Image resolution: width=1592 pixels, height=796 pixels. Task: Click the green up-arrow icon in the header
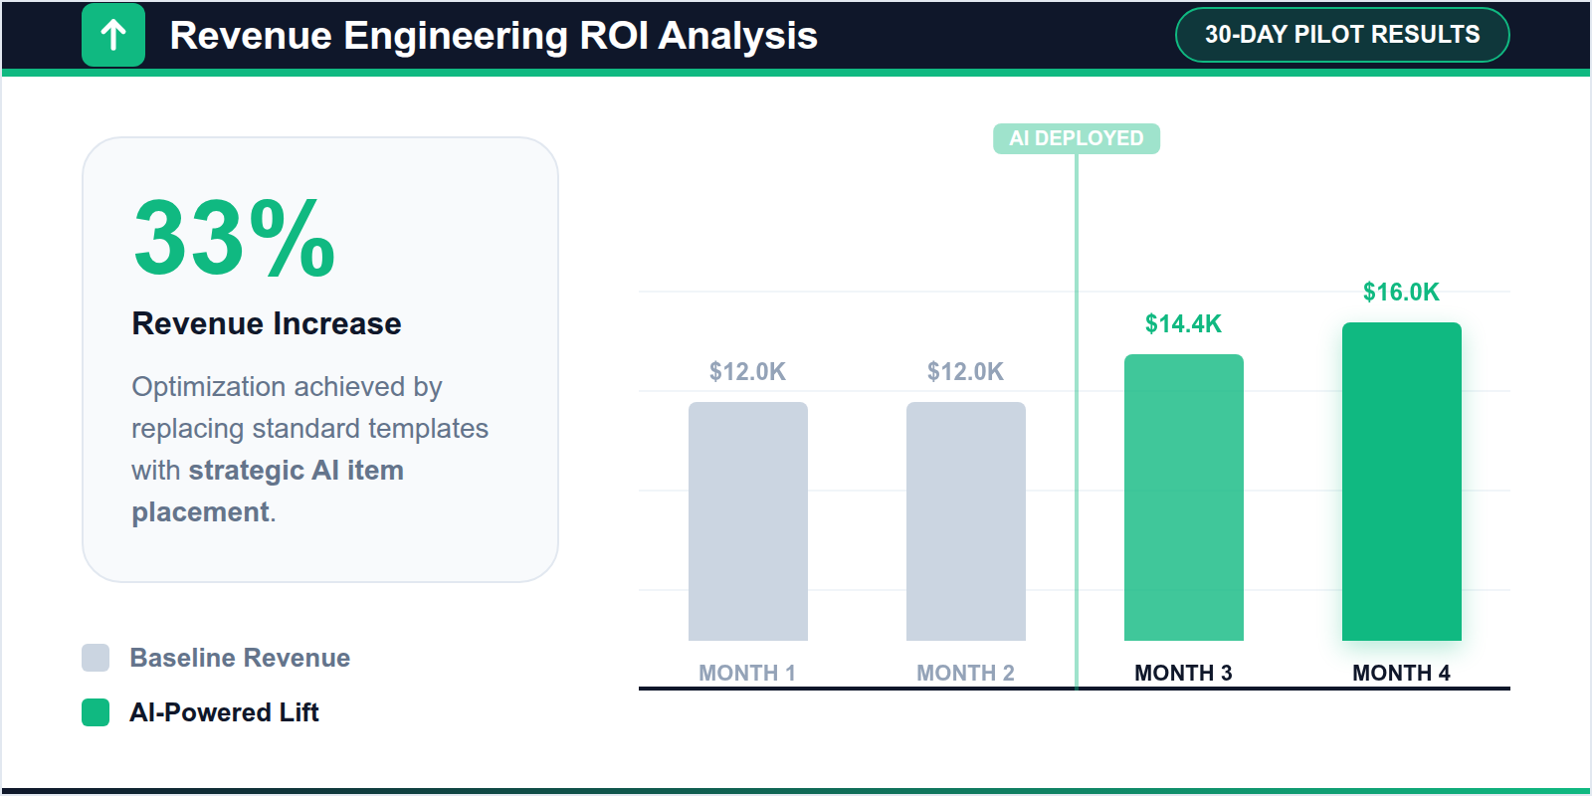pos(113,36)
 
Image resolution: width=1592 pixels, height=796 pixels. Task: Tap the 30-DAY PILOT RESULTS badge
pos(1341,35)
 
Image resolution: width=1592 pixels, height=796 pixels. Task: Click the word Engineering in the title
pos(455,36)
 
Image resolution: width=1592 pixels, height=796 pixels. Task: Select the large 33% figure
pos(234,239)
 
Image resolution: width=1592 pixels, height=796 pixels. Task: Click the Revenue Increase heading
pos(267,323)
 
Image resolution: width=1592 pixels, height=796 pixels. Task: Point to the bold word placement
pos(200,511)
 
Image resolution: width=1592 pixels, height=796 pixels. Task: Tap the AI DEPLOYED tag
pos(1076,138)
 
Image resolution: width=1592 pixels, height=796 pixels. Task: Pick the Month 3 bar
pos(1183,497)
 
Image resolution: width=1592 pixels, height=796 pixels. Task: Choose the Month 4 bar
pos(1401,482)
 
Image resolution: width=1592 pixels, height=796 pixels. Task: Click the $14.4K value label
pos(1183,323)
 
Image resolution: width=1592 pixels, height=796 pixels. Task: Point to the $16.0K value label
pos(1401,292)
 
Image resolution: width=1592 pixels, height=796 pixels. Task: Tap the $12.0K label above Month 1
pos(747,371)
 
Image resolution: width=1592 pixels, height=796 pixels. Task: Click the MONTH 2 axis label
pos(965,673)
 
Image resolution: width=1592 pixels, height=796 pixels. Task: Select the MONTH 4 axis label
pos(1401,673)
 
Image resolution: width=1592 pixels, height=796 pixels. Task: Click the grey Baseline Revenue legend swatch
pos(96,658)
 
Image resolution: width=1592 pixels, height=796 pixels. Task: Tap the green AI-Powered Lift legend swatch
pos(96,712)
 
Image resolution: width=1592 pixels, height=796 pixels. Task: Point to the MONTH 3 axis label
pos(1183,673)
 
